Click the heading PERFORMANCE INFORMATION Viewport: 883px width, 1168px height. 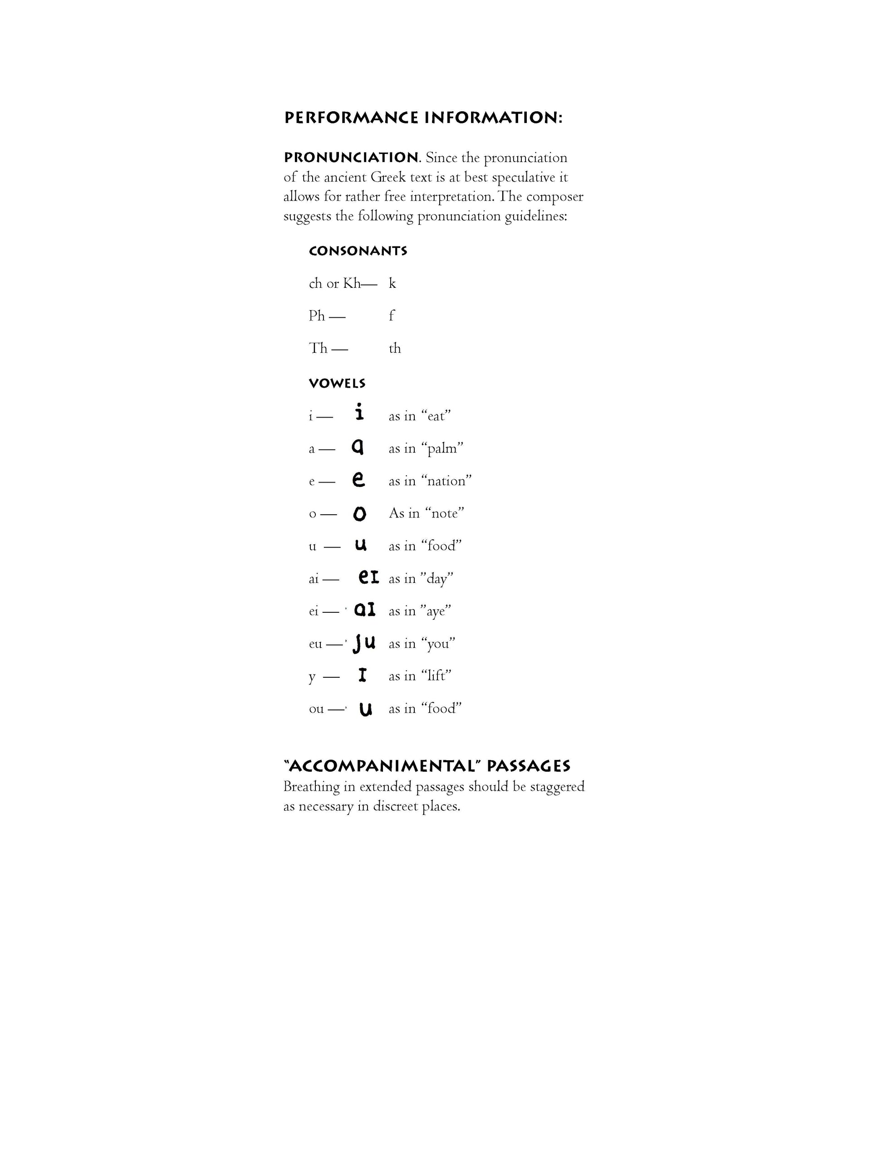pyautogui.click(x=423, y=117)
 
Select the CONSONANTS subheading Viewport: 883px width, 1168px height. pyautogui.click(x=358, y=251)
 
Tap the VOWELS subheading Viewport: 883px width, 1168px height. pyautogui.click(x=337, y=383)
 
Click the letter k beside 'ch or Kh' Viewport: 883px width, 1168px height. pyautogui.click(x=392, y=284)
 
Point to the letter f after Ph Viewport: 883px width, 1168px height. pyautogui.click(x=392, y=316)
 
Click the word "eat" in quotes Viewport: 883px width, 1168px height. pyautogui.click(x=436, y=416)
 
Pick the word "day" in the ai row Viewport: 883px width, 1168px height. pyautogui.click(x=437, y=579)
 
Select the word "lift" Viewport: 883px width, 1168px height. pyautogui.click(x=436, y=676)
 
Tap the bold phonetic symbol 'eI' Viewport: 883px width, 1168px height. pyautogui.click(x=368, y=578)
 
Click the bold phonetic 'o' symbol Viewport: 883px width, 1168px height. pyautogui.click(x=359, y=513)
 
